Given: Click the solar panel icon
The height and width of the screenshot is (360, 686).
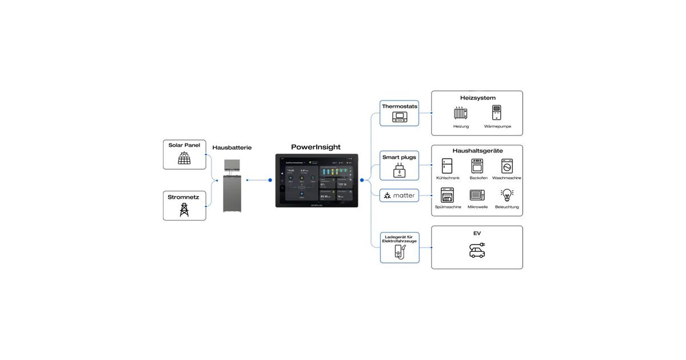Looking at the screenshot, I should [184, 158].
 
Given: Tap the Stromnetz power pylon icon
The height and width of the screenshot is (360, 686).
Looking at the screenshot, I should [184, 210].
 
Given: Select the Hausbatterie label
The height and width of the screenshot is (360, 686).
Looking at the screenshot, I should [232, 147].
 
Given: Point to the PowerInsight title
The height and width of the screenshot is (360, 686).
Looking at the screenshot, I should [316, 147].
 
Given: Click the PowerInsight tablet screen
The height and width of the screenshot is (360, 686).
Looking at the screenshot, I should [317, 180].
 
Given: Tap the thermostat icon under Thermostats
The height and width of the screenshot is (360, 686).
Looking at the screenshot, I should [399, 118].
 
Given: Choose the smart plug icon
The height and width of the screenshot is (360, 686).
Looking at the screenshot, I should [399, 170].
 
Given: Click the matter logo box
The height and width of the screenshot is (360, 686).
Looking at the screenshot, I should [400, 195].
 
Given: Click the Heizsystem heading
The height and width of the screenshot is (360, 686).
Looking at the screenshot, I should [477, 98].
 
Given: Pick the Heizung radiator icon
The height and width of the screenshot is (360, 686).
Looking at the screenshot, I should [461, 113].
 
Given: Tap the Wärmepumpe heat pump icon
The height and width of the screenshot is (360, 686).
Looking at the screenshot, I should [497, 113].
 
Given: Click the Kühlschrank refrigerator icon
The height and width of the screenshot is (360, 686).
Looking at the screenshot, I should [448, 166].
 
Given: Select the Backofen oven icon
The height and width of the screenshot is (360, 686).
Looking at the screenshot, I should [477, 166].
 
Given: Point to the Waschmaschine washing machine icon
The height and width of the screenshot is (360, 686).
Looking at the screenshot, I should [506, 166].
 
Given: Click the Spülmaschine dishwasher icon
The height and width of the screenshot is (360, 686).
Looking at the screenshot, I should [448, 195].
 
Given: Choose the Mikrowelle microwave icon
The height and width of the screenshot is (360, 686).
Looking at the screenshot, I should [477, 195].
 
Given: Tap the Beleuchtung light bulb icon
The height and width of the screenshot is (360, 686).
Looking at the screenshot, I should [506, 195].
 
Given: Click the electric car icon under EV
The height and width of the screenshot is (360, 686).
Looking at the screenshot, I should [477, 250].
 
